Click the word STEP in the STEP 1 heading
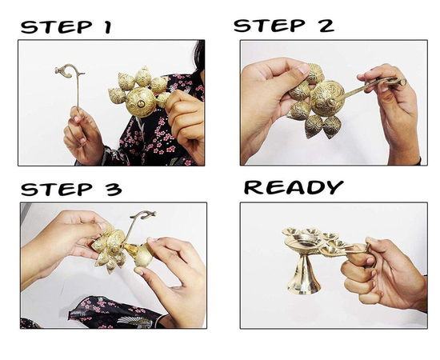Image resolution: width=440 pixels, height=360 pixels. [57, 27]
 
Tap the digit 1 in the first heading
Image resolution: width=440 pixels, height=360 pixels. [108, 27]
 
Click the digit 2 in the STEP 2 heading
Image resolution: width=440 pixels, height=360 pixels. [325, 26]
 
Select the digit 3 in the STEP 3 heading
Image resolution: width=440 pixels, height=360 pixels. [114, 189]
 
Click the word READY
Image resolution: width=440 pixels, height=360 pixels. [294, 187]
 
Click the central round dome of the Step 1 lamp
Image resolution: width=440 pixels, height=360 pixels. [141, 102]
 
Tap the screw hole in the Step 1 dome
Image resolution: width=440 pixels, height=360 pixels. [141, 104]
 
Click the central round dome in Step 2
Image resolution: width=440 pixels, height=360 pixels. [327, 98]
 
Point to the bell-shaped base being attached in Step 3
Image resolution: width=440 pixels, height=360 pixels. [140, 254]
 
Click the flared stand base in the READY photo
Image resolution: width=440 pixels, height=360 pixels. [304, 275]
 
